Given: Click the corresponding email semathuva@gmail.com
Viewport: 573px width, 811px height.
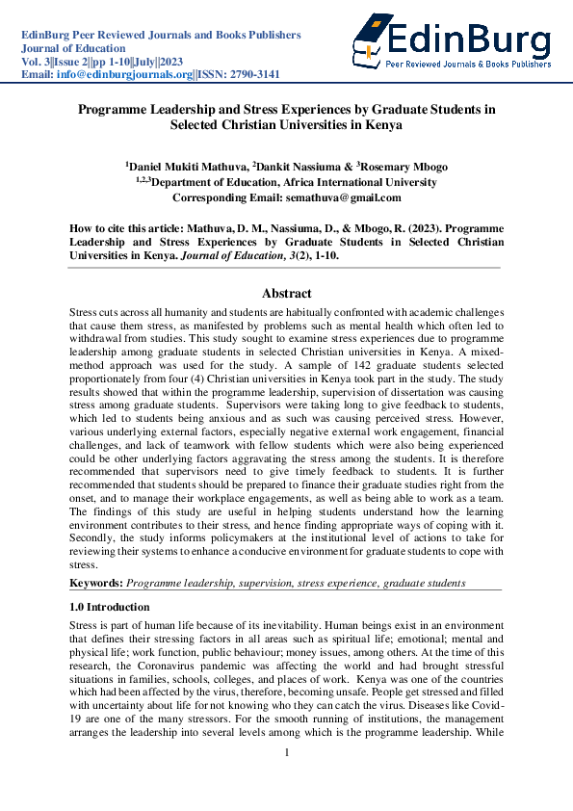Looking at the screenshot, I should click(343, 197).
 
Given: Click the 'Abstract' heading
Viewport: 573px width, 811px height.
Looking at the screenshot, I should click(286, 294).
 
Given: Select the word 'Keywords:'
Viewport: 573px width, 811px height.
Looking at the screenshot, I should click(95, 584).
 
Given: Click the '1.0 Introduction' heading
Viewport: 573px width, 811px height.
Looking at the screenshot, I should click(110, 607).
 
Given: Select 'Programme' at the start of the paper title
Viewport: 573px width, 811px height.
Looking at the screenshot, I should click(115, 110).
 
